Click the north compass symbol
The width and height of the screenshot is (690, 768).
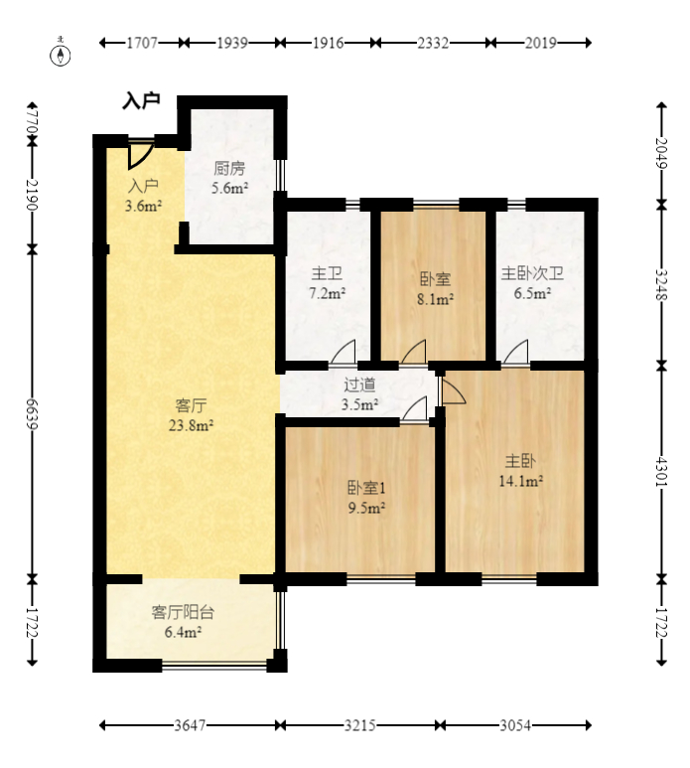(61, 53)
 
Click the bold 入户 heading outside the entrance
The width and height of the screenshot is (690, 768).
(141, 101)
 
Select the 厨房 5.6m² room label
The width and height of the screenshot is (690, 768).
(229, 178)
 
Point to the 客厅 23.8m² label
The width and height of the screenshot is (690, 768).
(191, 415)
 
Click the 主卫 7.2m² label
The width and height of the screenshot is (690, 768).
(327, 283)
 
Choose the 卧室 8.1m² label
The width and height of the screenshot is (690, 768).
(435, 289)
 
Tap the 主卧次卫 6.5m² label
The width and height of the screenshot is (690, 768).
(532, 283)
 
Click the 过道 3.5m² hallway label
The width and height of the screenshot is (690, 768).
(359, 394)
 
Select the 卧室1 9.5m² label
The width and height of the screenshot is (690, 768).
(366, 498)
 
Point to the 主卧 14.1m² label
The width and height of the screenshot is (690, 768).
(520, 471)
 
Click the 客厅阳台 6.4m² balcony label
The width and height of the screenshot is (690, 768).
(183, 622)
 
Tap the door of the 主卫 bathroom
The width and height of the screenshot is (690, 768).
(344, 353)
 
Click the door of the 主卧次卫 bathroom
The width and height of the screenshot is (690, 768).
(516, 353)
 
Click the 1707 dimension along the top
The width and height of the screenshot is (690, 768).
(142, 43)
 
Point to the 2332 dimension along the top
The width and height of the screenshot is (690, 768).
(433, 43)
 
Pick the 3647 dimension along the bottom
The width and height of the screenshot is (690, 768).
(190, 725)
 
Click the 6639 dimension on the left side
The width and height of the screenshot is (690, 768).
(33, 414)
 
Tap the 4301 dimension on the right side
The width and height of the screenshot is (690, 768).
(661, 472)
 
